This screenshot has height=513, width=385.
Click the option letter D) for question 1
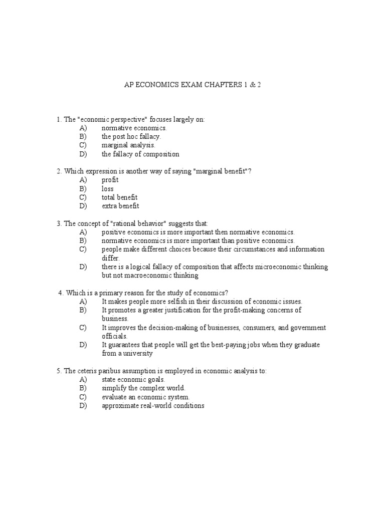click(x=83, y=154)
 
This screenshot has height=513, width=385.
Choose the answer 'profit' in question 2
click(x=110, y=180)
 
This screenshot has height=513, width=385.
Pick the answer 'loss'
click(x=108, y=189)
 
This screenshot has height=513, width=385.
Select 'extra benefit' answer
click(x=120, y=206)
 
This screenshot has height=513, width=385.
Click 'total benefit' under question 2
click(x=119, y=197)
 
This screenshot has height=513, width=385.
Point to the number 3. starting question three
click(x=59, y=223)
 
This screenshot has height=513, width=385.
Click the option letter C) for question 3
click(x=83, y=249)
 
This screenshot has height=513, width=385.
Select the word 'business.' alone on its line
click(x=115, y=319)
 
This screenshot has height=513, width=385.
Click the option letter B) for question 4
click(x=83, y=310)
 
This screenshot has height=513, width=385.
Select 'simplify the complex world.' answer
click(x=143, y=388)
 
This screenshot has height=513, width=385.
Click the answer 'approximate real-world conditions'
click(x=153, y=406)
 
